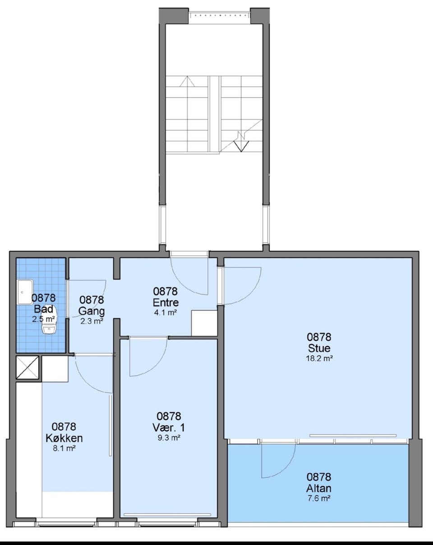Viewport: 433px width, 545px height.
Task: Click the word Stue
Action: [x=319, y=348]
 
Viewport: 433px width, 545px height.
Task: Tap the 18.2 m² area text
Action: [x=319, y=358]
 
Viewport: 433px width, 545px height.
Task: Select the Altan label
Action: [x=319, y=488]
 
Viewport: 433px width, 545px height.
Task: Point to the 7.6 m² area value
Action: [x=319, y=499]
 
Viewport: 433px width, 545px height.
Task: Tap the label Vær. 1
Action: [x=169, y=428]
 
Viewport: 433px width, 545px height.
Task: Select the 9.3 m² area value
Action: [x=169, y=438]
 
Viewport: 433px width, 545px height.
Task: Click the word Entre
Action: [x=166, y=302]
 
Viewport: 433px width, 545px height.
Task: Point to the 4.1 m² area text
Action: [x=166, y=313]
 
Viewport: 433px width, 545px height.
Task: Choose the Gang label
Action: [x=92, y=311]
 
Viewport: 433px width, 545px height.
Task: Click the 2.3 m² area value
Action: [x=92, y=321]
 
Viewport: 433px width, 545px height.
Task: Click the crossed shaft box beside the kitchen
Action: [x=28, y=368]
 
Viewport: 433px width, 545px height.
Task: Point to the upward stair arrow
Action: [x=187, y=81]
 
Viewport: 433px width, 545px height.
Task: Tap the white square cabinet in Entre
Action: [x=204, y=323]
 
